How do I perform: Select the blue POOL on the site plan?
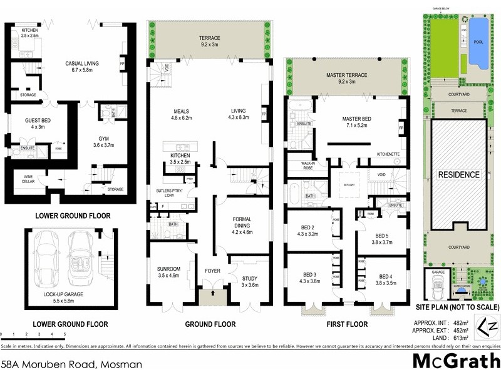tap(479, 42)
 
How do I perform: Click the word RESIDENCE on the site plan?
tap(459, 175)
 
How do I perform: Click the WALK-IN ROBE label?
tap(299, 166)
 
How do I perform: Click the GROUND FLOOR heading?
tap(210, 324)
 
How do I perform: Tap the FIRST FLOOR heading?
tap(346, 324)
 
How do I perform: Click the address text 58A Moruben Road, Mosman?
tap(71, 364)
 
